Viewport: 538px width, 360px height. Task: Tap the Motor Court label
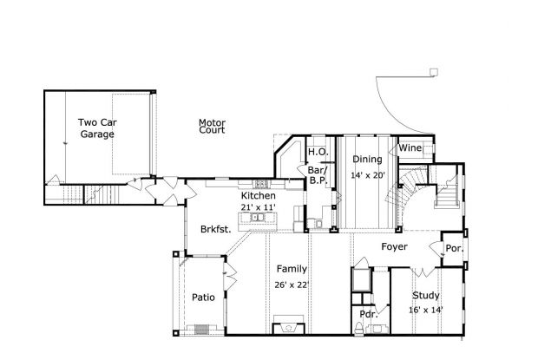click(212, 127)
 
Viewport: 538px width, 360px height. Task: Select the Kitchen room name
click(259, 197)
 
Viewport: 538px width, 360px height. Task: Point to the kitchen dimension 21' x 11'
click(259, 207)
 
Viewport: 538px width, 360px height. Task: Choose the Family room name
click(292, 269)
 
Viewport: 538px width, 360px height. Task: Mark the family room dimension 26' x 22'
click(292, 284)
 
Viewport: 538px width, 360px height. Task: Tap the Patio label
click(203, 298)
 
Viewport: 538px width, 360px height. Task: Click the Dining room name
click(367, 160)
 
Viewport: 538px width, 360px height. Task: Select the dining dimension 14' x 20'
click(367, 175)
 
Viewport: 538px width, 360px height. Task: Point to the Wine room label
click(410, 149)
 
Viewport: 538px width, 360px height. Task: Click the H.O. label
click(317, 153)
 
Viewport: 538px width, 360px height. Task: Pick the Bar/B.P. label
click(318, 175)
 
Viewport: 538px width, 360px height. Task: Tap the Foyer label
click(395, 247)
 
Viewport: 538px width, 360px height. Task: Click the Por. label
click(454, 247)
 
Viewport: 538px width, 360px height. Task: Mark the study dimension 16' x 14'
click(426, 309)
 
